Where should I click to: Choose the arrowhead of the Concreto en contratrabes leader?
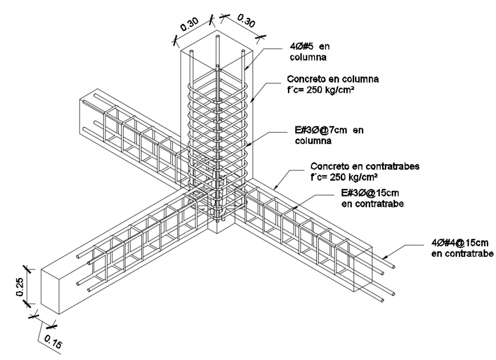274,189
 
